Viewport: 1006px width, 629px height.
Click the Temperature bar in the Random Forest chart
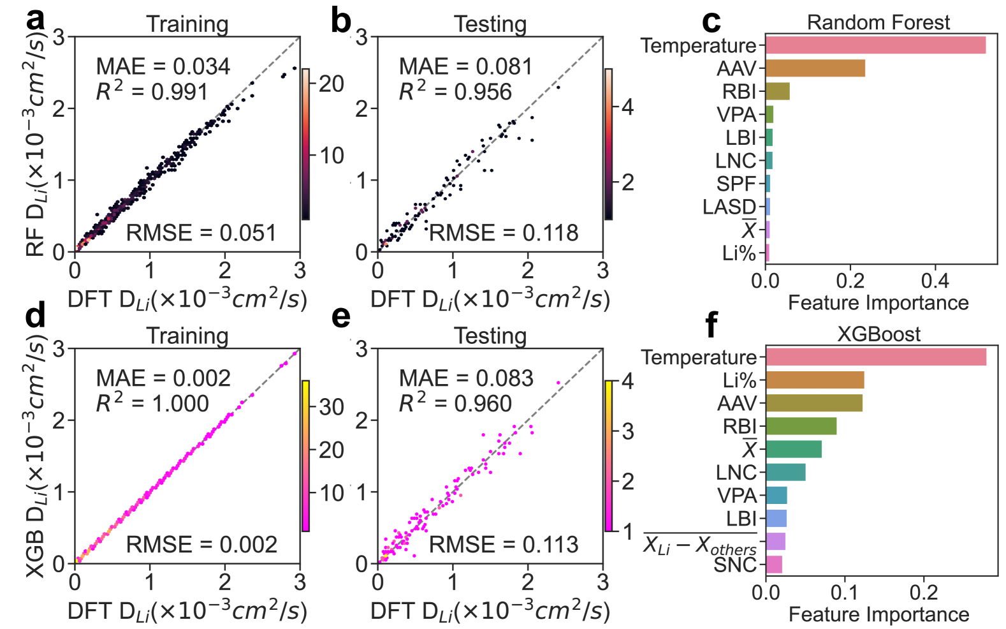click(x=875, y=45)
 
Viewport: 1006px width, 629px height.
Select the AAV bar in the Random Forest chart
click(x=815, y=68)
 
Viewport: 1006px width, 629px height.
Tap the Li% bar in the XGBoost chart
click(x=815, y=380)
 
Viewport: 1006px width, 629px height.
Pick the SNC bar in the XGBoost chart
click(x=774, y=565)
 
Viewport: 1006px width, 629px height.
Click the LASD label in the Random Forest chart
click(x=729, y=207)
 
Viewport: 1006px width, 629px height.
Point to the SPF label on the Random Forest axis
click(x=736, y=184)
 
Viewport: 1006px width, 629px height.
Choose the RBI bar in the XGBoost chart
click(x=801, y=426)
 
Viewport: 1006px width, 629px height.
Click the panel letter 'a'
click(x=36, y=20)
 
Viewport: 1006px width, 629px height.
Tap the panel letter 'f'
click(x=711, y=325)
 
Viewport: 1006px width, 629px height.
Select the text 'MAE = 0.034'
click(x=163, y=66)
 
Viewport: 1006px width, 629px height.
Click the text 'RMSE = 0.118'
click(x=504, y=233)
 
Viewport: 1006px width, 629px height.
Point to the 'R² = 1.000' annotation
click(x=152, y=404)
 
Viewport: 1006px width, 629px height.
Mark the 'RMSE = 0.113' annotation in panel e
click(x=504, y=545)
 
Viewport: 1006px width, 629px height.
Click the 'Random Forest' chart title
click(x=878, y=22)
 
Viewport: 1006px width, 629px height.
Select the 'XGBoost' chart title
click(x=878, y=334)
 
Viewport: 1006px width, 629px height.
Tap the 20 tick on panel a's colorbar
click(x=332, y=84)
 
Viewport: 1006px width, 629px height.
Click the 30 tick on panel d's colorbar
click(x=332, y=407)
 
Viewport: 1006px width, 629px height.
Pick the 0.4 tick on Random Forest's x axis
click(x=935, y=281)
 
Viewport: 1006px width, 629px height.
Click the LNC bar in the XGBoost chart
click(x=785, y=472)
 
